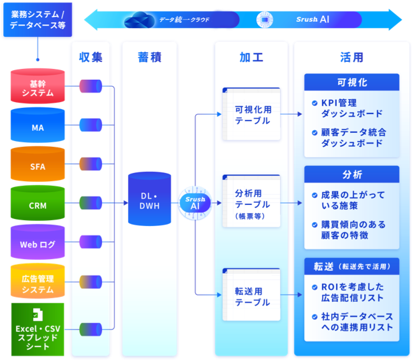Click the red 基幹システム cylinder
coord(38,86)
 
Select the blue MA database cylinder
coord(38,125)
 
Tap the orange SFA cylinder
coord(38,164)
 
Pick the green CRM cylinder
coord(38,203)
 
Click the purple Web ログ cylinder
coord(38,242)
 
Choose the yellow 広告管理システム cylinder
coord(38,281)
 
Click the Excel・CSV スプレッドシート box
coord(38,329)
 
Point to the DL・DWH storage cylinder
coord(149,199)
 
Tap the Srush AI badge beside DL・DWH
coord(195,203)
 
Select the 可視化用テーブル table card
coord(251,114)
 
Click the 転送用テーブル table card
coord(251,294)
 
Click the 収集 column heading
coord(91,57)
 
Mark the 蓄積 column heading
coord(149,57)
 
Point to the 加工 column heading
coord(251,57)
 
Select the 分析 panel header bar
coord(352,174)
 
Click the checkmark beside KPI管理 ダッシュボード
coord(314,103)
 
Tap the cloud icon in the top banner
coord(140,20)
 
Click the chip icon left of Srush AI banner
coord(265,20)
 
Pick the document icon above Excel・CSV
coord(38,315)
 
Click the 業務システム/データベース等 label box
coord(38,20)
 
